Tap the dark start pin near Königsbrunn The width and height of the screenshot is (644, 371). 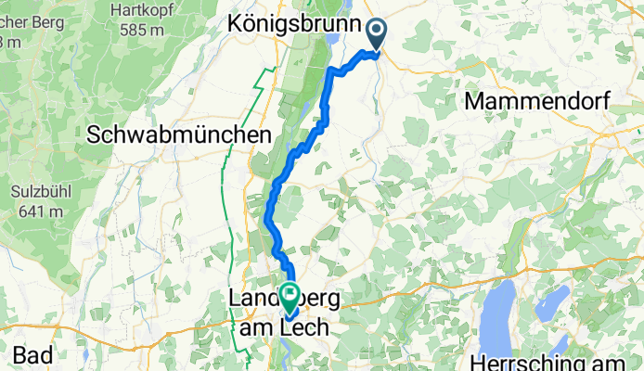point(377,33)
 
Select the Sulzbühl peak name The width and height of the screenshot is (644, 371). point(34,191)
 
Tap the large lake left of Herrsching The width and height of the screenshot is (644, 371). point(504,311)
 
